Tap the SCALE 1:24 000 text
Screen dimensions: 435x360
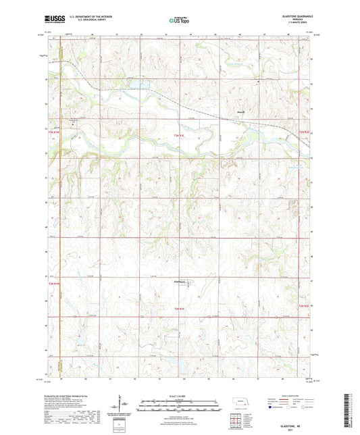pyautogui.click(x=179, y=395)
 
